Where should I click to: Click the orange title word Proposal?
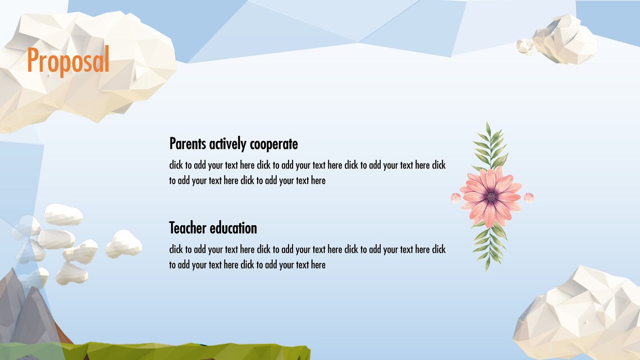pyautogui.click(x=68, y=61)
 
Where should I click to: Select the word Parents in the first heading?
pyautogui.click(x=188, y=144)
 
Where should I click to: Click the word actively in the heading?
pyautogui.click(x=228, y=144)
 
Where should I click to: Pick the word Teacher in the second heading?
pyautogui.click(x=188, y=228)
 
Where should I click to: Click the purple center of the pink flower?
pyautogui.click(x=491, y=197)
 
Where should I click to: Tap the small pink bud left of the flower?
pyautogui.click(x=456, y=197)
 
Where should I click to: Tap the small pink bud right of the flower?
pyautogui.click(x=528, y=197)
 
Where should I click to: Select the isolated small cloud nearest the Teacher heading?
pyautogui.click(x=124, y=243)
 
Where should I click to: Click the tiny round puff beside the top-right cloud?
pyautogui.click(x=524, y=47)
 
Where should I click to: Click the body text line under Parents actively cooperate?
pyautogui.click(x=307, y=165)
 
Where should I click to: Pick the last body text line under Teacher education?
pyautogui.click(x=247, y=265)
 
